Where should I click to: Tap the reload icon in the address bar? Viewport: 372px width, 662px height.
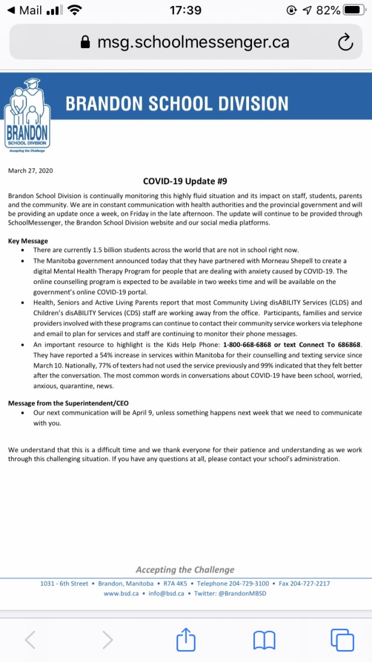(345, 42)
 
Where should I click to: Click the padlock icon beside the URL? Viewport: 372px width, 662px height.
(86, 43)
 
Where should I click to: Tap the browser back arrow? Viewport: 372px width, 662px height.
(30, 639)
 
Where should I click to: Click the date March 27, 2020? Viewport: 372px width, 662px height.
(31, 170)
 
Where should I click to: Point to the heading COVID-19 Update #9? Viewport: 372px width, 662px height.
(185, 181)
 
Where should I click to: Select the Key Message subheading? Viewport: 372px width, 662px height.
(28, 241)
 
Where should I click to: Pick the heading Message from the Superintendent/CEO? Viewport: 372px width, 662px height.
(68, 403)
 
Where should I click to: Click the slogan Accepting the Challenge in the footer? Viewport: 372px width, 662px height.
(185, 570)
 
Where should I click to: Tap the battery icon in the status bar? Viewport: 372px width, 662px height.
(354, 10)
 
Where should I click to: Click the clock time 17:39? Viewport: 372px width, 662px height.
(185, 10)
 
